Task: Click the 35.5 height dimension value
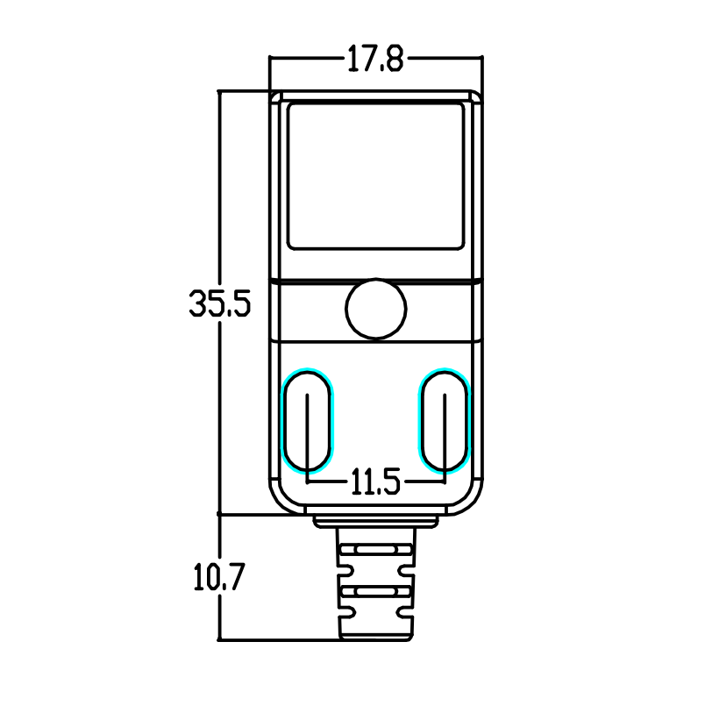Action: click(219, 303)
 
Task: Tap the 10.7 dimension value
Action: click(217, 578)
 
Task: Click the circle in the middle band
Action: click(376, 308)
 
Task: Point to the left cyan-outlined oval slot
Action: click(308, 419)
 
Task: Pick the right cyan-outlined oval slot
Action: click(445, 419)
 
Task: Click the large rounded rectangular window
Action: click(375, 175)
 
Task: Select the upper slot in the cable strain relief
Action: click(375, 552)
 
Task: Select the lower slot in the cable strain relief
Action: click(375, 593)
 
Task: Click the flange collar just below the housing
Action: click(375, 522)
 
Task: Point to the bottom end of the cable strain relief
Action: click(375, 633)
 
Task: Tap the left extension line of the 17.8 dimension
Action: click(270, 72)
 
